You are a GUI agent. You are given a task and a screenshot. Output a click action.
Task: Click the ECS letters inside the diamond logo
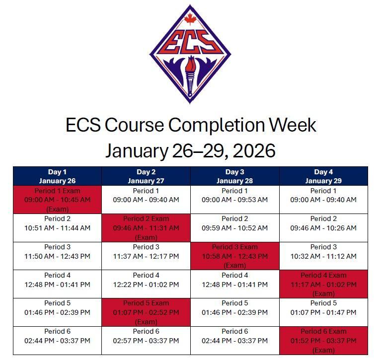click(191, 44)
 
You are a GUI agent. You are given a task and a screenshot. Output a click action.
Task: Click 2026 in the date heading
click(252, 150)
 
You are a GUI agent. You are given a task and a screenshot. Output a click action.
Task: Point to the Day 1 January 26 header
click(57, 176)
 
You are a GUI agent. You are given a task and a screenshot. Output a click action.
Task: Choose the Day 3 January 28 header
click(234, 176)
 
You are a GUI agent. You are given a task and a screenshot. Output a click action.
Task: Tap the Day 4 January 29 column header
click(323, 176)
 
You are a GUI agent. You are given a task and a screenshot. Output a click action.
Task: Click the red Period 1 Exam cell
click(57, 200)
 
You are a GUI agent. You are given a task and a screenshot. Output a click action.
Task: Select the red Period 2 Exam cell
click(146, 228)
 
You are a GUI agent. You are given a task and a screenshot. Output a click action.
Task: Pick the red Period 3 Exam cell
click(234, 256)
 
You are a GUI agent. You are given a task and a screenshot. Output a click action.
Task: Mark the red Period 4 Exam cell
click(323, 284)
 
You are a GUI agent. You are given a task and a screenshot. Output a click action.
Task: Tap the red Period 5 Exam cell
click(146, 312)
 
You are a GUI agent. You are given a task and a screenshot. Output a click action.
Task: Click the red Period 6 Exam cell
click(323, 340)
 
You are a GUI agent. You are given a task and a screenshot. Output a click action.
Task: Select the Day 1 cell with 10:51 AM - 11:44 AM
click(57, 228)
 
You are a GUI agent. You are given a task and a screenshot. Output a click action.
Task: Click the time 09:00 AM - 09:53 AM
click(234, 200)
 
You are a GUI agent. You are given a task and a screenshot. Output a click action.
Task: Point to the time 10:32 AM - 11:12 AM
click(323, 256)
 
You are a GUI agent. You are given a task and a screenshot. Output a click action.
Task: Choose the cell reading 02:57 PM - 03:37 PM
click(146, 341)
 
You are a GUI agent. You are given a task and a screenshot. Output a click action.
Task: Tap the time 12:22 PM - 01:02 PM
click(146, 285)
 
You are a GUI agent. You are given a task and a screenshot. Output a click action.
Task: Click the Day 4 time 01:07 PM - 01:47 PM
click(323, 312)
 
